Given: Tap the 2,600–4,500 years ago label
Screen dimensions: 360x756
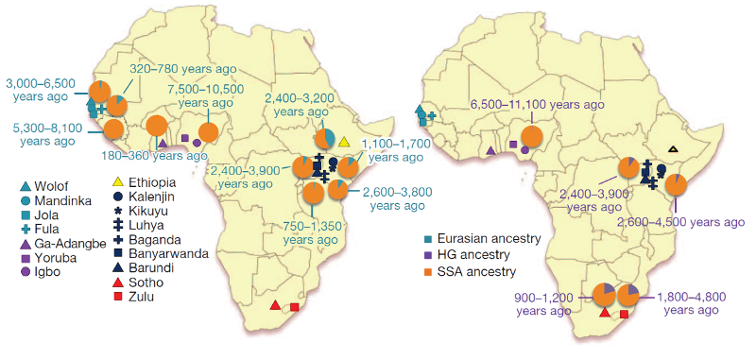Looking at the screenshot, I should (x=679, y=222).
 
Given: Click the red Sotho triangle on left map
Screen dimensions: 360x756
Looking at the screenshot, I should (x=275, y=305).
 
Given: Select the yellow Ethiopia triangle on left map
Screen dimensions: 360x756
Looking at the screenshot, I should (x=344, y=143).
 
